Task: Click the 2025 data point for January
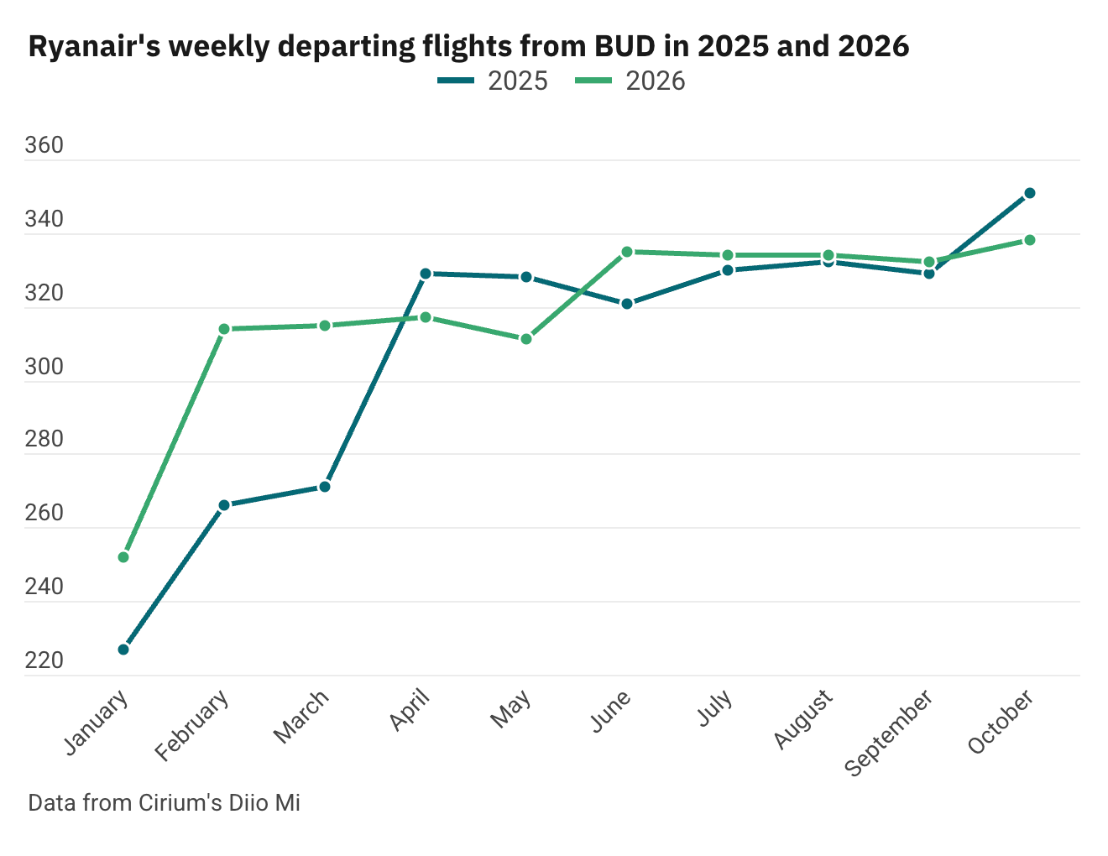(x=123, y=650)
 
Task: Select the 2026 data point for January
(x=123, y=557)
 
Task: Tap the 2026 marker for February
(x=224, y=329)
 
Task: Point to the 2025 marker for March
(x=325, y=487)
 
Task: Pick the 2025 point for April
(x=426, y=274)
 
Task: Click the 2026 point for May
(x=526, y=339)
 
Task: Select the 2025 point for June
(x=627, y=304)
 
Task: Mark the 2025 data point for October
(x=1030, y=193)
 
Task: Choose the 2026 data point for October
(x=1030, y=240)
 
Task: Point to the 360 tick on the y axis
(x=44, y=146)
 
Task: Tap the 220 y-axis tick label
(x=44, y=661)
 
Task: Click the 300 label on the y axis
(x=44, y=367)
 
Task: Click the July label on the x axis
(x=716, y=710)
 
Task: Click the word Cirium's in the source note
(x=185, y=803)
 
